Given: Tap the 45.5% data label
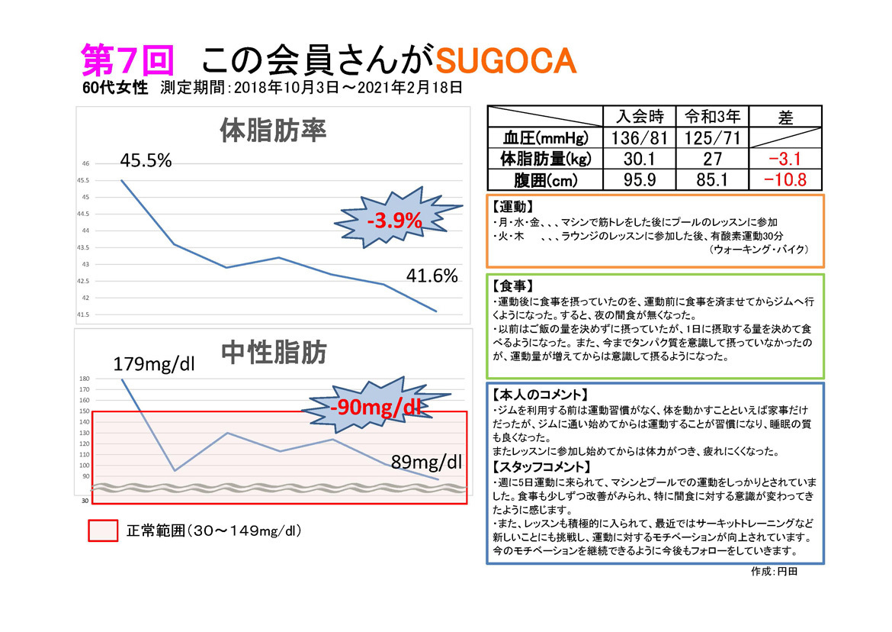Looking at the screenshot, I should coord(146,161).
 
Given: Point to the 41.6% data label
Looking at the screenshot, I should coord(431,276).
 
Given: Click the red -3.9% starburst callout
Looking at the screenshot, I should coord(394,221).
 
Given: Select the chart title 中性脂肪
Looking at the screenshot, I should coord(274,353).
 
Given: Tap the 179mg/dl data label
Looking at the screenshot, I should coord(155,364).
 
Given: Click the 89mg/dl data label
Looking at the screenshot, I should coord(426,461).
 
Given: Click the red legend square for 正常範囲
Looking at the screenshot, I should coord(104,530).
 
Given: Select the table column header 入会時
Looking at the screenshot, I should coord(639,117).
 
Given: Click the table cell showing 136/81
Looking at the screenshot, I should coord(639,138).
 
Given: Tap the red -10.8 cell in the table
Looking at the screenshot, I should coord(785,180).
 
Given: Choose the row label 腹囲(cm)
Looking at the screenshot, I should coord(544,180).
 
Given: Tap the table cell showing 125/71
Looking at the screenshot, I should coord(711,138).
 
